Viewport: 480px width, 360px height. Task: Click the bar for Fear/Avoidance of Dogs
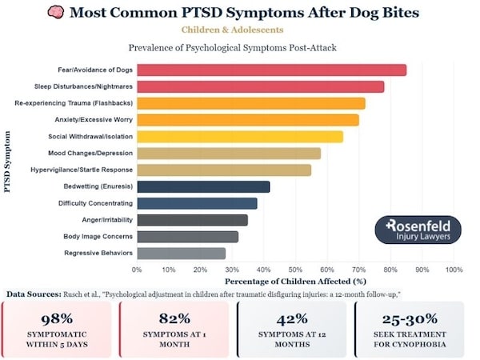271,70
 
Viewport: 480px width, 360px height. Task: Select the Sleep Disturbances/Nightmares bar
260,86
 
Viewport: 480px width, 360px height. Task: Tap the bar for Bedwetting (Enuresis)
203,186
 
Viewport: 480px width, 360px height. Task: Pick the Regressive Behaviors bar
181,253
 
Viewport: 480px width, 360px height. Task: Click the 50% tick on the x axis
295,270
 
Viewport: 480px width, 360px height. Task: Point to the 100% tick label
454,270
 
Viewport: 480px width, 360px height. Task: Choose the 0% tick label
137,270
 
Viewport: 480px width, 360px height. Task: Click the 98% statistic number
58,318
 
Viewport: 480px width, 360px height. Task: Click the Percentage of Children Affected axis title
295,282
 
